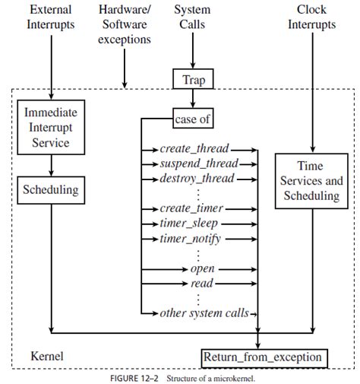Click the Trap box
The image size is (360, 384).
192,78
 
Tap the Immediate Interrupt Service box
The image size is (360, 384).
51,126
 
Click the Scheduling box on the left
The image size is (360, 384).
51,190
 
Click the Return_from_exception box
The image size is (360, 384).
264,357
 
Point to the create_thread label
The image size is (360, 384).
194,149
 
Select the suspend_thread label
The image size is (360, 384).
199,163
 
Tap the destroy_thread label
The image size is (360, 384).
197,179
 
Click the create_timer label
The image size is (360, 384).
194,208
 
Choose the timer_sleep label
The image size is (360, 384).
189,224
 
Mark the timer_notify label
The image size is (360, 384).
191,239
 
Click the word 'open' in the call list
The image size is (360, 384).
201,268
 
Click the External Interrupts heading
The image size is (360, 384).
51,17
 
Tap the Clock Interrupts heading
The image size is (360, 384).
311,17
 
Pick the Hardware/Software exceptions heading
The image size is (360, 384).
125,24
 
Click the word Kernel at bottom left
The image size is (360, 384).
48,355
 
